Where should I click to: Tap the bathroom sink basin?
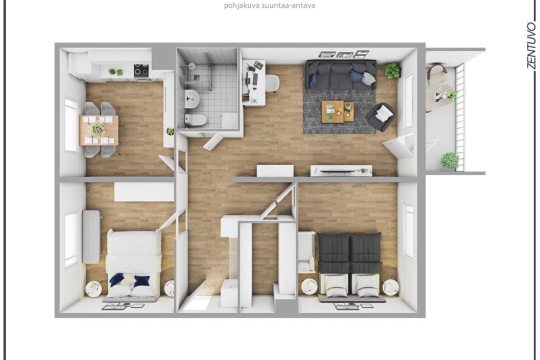point(191,98)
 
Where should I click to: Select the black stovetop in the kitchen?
point(141,70)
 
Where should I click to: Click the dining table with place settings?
point(98,130)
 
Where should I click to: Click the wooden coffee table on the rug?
point(337,111)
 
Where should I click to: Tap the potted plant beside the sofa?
point(391,70)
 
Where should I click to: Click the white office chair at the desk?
point(272,83)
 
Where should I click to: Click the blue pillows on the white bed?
point(129,280)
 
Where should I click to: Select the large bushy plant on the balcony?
point(450,161)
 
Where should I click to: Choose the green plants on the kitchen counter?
point(115,72)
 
